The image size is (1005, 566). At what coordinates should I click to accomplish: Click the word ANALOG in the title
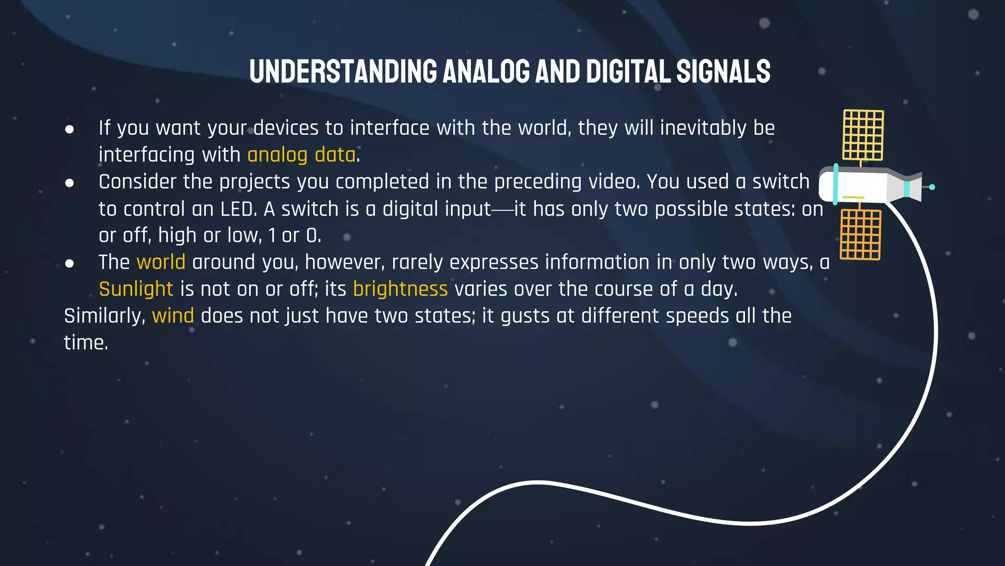pyautogui.click(x=486, y=72)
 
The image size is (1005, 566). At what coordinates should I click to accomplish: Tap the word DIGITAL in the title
pyautogui.click(x=628, y=72)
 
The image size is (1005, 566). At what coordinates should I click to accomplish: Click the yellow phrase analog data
pyautogui.click(x=301, y=155)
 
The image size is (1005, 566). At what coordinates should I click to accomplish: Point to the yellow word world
pyautogui.click(x=161, y=262)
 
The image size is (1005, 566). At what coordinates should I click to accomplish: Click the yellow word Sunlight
pyautogui.click(x=136, y=289)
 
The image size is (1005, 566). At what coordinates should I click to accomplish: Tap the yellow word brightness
pyautogui.click(x=400, y=289)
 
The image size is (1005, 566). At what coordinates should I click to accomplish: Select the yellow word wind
pyautogui.click(x=173, y=316)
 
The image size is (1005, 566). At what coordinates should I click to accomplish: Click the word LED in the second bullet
pyautogui.click(x=238, y=209)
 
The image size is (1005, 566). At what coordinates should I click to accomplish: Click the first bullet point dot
pyautogui.click(x=70, y=129)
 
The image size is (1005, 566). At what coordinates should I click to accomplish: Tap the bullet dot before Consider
pyautogui.click(x=70, y=183)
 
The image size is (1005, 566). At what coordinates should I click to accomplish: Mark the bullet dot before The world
pyautogui.click(x=70, y=263)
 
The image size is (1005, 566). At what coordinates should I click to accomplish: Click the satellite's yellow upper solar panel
pyautogui.click(x=863, y=135)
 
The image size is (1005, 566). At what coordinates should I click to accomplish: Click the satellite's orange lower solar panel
pyautogui.click(x=860, y=234)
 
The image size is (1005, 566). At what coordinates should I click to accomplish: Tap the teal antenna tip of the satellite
pyautogui.click(x=932, y=187)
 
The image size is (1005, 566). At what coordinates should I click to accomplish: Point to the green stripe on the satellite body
pyautogui.click(x=853, y=198)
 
